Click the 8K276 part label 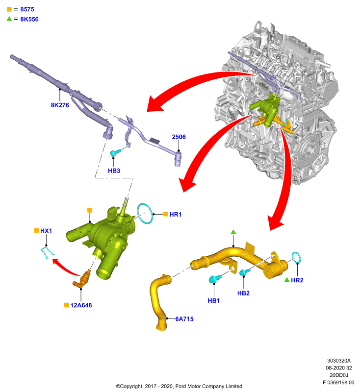point(60,105)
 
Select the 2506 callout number point(179,137)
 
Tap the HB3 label point(114,171)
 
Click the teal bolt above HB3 point(115,152)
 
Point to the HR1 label point(176,214)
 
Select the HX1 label point(46,231)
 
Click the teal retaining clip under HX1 point(47,252)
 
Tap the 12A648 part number point(81,305)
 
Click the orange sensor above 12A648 point(82,279)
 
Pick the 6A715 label point(184,319)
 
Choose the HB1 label point(214,300)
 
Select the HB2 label point(243,293)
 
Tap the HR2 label point(297,280)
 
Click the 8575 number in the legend point(27,9)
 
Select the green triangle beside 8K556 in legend point(9,19)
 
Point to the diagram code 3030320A point(339,361)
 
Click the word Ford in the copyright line point(180,386)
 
